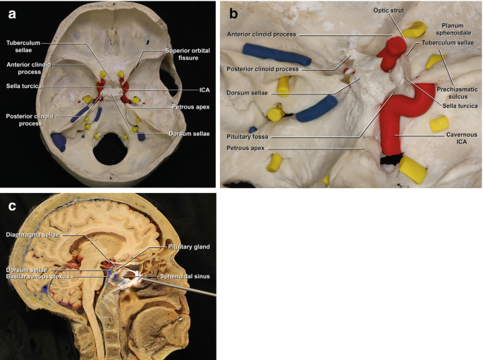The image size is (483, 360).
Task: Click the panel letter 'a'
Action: point(11,11)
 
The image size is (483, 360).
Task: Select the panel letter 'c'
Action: point(11,206)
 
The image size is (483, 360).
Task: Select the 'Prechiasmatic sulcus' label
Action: point(458,93)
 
